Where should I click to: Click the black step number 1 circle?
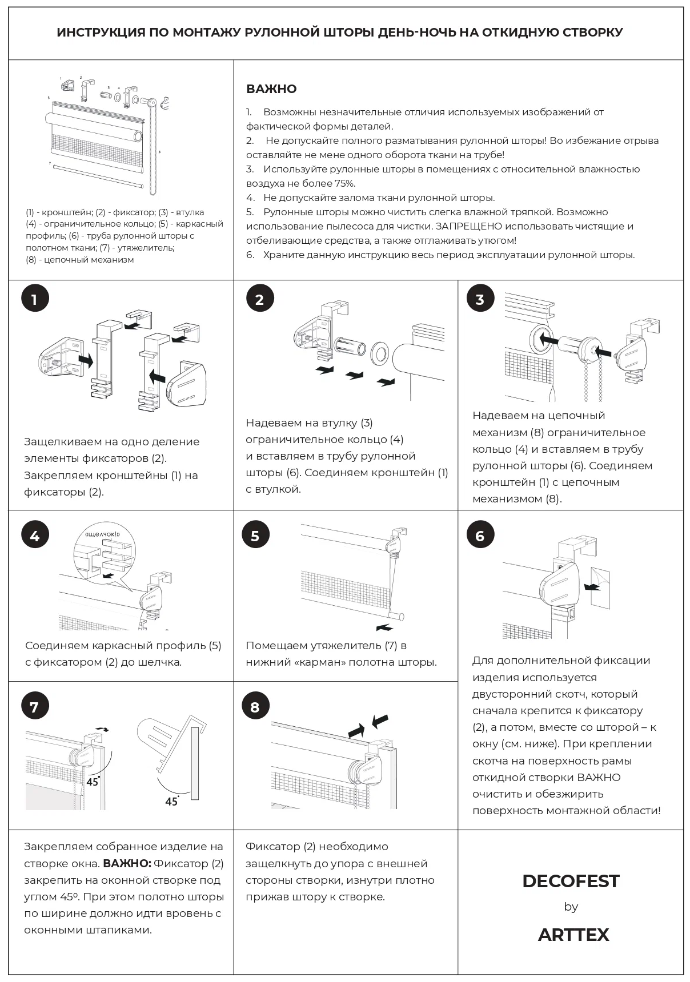pos(35,299)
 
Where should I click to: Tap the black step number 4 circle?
pos(35,536)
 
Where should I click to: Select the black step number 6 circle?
pos(480,536)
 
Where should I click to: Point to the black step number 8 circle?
pos(255,707)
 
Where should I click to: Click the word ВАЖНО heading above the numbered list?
pos(271,89)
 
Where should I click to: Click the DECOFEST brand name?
pos(570,881)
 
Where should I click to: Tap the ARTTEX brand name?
pos(573,935)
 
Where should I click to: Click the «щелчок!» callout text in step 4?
pos(102,534)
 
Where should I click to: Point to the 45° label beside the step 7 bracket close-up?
pos(171,802)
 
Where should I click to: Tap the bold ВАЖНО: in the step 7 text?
pos(127,863)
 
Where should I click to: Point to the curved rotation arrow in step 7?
pos(102,729)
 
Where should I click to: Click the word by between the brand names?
pos(571,907)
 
